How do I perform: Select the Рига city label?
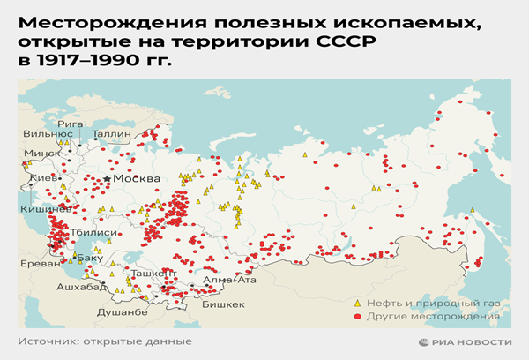click(71, 124)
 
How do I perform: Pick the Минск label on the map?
click(41, 152)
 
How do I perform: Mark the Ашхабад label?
click(83, 288)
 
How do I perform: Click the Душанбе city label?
click(118, 312)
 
